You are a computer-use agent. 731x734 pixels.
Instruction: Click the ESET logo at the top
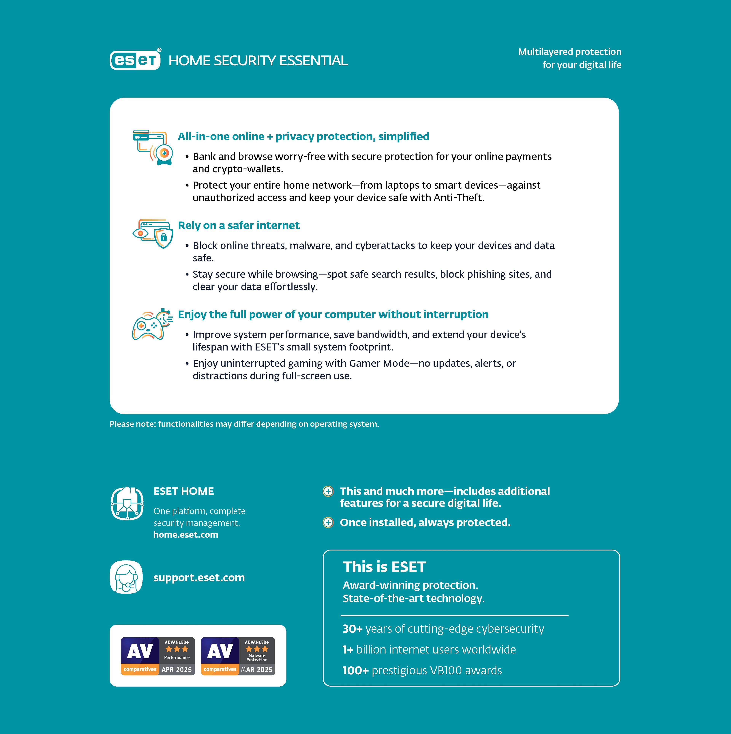[x=135, y=60]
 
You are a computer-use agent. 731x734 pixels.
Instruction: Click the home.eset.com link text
[x=186, y=535]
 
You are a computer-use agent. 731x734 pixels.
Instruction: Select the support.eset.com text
[x=199, y=577]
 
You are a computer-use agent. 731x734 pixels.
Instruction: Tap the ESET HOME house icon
[x=127, y=503]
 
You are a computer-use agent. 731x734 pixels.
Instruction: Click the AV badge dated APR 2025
[x=158, y=656]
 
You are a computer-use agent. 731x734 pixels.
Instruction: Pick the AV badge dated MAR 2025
[x=238, y=656]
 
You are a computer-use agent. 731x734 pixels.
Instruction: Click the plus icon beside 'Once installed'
[x=328, y=522]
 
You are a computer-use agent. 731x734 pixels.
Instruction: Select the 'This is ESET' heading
[x=384, y=567]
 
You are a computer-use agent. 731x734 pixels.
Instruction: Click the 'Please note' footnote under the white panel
[x=244, y=424]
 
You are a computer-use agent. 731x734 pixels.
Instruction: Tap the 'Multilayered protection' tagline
[x=570, y=52]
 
